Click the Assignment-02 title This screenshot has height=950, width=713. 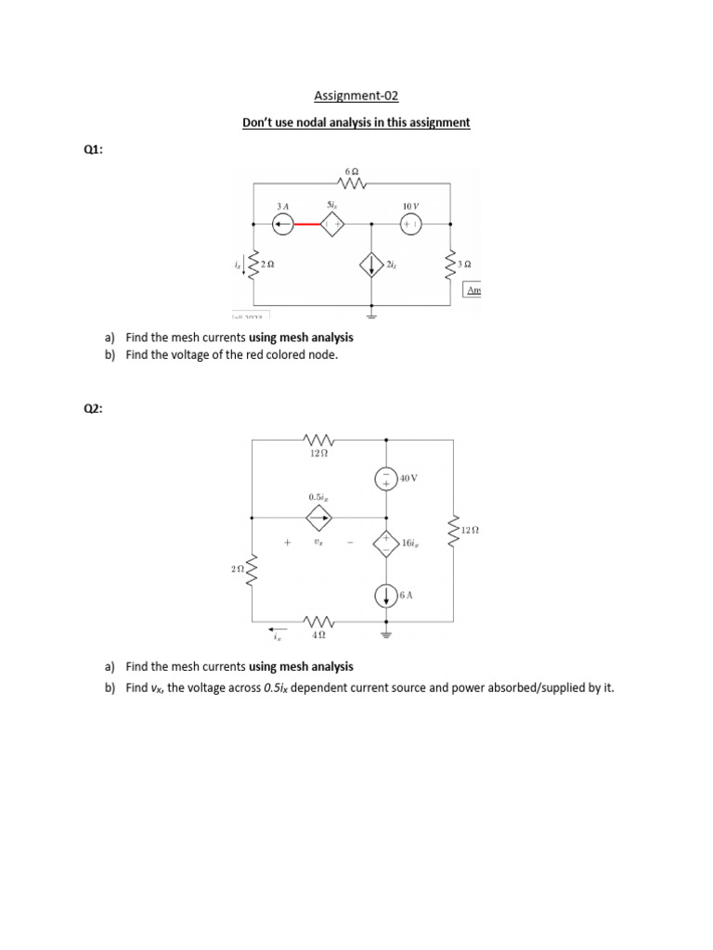356,96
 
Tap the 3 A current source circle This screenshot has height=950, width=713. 282,224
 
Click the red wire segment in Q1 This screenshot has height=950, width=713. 306,224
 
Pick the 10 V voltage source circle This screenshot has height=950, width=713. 410,224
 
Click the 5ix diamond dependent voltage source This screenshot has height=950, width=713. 332,224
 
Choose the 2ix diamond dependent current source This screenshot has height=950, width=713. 372,265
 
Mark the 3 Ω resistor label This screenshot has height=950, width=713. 465,264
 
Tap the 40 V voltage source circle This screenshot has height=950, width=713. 386,479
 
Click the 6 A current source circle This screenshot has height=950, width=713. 386,596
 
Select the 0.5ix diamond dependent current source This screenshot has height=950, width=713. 318,517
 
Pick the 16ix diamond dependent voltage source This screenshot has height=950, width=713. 386,543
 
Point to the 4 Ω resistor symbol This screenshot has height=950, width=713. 318,621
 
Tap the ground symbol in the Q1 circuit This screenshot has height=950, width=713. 372,316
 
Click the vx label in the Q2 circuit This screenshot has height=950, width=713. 318,543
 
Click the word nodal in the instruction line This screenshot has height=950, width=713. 325,122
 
